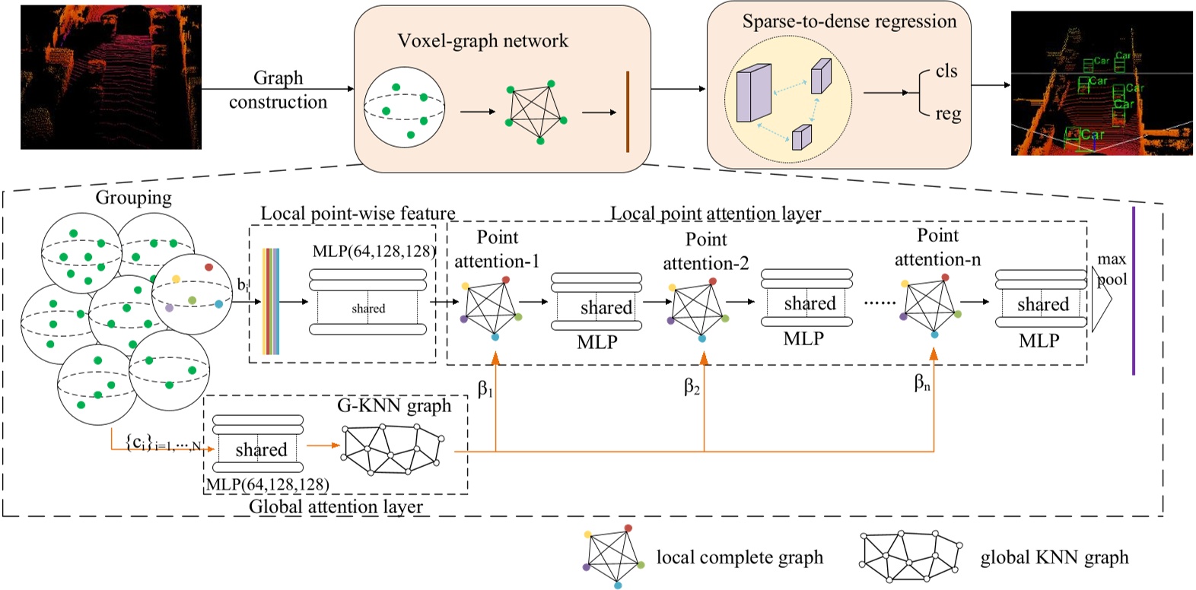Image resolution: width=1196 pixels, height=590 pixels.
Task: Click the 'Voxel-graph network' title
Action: [x=482, y=41]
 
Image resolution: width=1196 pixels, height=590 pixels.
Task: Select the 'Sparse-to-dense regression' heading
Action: [x=849, y=21]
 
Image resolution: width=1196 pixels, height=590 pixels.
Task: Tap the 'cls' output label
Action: [x=946, y=71]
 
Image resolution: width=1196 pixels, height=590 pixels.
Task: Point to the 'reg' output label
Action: [x=948, y=114]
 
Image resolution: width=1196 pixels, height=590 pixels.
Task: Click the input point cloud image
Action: [x=111, y=77]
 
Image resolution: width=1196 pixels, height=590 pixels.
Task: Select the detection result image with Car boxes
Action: [x=1101, y=83]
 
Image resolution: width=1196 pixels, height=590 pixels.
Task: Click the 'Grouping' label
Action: [x=133, y=198]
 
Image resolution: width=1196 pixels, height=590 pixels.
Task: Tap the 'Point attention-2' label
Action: [x=706, y=251]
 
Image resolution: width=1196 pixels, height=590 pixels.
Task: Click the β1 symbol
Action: [x=485, y=389]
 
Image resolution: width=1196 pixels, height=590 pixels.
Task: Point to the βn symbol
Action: [x=921, y=383]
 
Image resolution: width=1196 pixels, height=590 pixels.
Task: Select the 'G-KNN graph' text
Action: [x=394, y=406]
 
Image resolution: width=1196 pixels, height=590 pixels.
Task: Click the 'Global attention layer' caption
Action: [x=336, y=506]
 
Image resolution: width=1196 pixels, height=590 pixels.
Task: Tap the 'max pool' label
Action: [x=1112, y=269]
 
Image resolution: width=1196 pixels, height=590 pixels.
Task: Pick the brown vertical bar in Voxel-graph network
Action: [x=627, y=112]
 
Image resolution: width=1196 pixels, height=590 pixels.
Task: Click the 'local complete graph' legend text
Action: [x=740, y=557]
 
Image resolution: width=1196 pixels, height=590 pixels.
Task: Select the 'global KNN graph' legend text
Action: [x=1054, y=557]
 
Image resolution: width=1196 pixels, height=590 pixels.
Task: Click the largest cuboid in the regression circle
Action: [x=754, y=93]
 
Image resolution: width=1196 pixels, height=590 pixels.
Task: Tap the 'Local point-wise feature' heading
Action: [x=358, y=214]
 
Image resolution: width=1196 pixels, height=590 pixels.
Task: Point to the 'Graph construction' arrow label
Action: [x=278, y=90]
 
